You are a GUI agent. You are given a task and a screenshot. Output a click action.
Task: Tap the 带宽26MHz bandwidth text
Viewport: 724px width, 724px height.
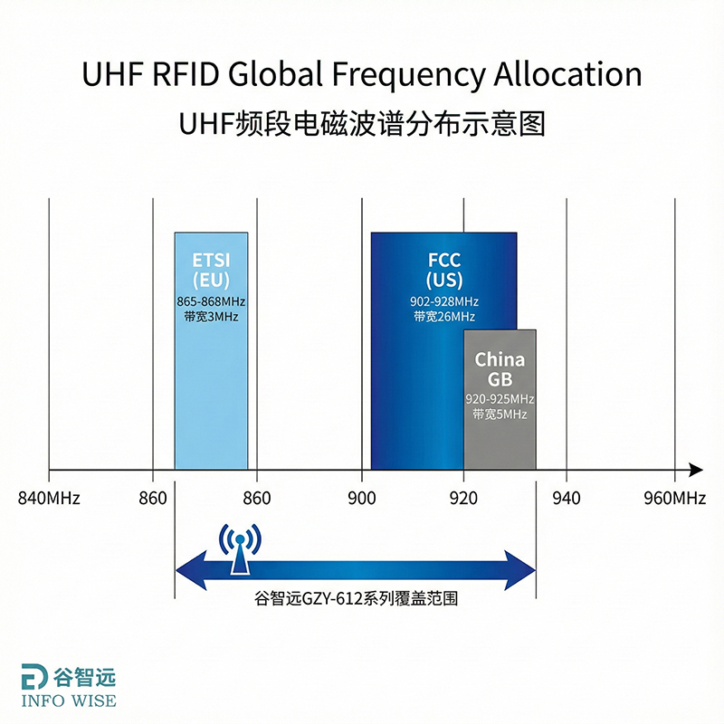tap(444, 317)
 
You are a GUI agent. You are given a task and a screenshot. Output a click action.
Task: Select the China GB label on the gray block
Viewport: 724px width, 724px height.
tap(500, 369)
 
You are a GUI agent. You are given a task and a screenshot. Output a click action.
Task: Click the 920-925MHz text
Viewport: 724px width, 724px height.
tap(500, 399)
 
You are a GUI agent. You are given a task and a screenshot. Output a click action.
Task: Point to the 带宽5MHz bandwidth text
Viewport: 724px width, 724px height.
tap(500, 414)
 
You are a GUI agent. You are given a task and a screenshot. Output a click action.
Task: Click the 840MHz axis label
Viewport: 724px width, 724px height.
tap(49, 498)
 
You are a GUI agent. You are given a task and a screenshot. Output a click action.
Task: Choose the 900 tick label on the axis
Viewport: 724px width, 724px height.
tap(362, 498)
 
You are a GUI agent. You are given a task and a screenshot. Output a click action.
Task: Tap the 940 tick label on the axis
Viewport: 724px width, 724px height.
tap(567, 498)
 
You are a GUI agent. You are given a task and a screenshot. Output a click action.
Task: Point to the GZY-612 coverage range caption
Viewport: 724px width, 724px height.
tap(355, 599)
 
